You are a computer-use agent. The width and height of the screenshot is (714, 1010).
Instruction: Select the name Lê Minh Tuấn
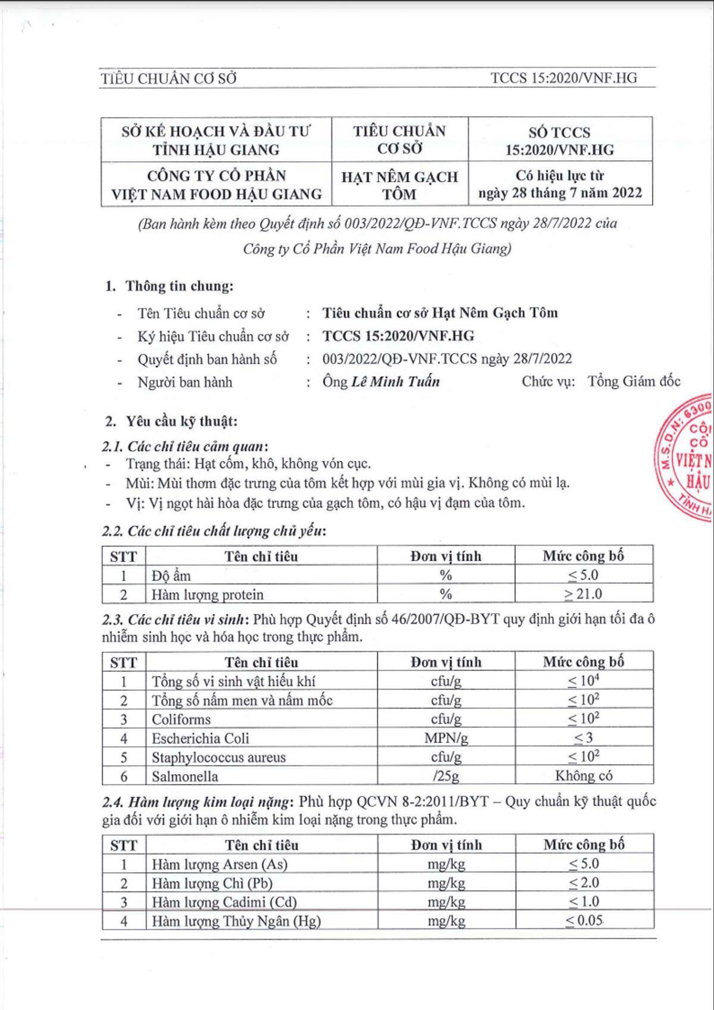click(395, 382)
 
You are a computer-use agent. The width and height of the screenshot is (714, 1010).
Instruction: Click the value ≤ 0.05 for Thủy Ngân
click(584, 920)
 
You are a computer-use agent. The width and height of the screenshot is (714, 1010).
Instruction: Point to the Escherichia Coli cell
click(201, 738)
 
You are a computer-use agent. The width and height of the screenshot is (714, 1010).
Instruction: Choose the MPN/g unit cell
click(446, 738)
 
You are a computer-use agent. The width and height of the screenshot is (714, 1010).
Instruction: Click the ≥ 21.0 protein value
click(583, 594)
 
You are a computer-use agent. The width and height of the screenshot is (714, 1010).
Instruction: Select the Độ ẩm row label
click(171, 575)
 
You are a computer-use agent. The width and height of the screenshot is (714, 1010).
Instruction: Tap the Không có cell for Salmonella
click(584, 775)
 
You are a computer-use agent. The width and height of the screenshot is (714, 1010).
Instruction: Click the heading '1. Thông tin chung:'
click(169, 286)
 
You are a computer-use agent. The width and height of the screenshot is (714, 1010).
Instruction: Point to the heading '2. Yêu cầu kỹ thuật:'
click(171, 422)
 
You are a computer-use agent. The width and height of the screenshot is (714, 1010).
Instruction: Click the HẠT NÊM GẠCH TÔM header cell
click(399, 185)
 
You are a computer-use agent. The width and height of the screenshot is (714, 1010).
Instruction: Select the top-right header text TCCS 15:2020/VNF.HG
click(563, 78)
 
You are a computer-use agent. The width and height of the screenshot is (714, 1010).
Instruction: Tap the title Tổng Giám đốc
click(634, 382)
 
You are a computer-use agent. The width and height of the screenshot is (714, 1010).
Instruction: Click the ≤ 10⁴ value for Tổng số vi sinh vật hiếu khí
click(583, 681)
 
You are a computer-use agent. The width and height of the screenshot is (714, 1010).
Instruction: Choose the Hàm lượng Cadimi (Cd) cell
click(224, 902)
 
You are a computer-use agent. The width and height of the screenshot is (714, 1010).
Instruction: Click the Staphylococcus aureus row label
click(218, 758)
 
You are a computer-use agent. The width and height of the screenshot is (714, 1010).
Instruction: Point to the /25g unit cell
click(446, 776)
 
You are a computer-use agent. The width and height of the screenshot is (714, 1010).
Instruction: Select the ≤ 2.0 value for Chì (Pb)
click(584, 883)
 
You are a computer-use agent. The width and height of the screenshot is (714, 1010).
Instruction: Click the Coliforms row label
click(181, 719)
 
